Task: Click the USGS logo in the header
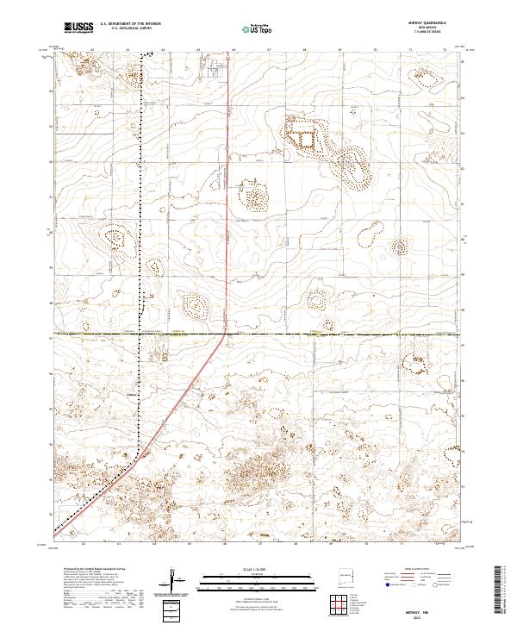(x=78, y=28)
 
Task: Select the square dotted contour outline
(x=306, y=138)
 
